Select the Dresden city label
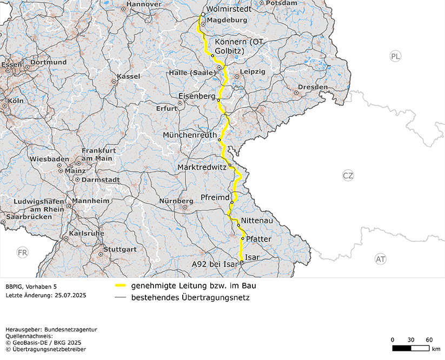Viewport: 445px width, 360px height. pos(312,87)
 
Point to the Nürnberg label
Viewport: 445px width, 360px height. pos(176,201)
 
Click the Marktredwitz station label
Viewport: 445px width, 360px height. pos(202,168)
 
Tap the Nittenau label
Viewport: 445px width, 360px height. pos(256,221)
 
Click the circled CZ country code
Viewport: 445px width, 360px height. pos(348,175)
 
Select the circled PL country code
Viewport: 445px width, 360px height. pos(396,56)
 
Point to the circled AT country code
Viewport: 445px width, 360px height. pos(381,259)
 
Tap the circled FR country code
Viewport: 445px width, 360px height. pos(22,252)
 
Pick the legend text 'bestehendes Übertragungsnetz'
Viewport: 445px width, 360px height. pos(190,297)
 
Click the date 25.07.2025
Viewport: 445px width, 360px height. pos(68,295)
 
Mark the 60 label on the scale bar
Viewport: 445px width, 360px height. pos(429,339)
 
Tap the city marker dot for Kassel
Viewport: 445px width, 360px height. pos(114,82)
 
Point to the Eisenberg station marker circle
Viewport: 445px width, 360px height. pos(218,101)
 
